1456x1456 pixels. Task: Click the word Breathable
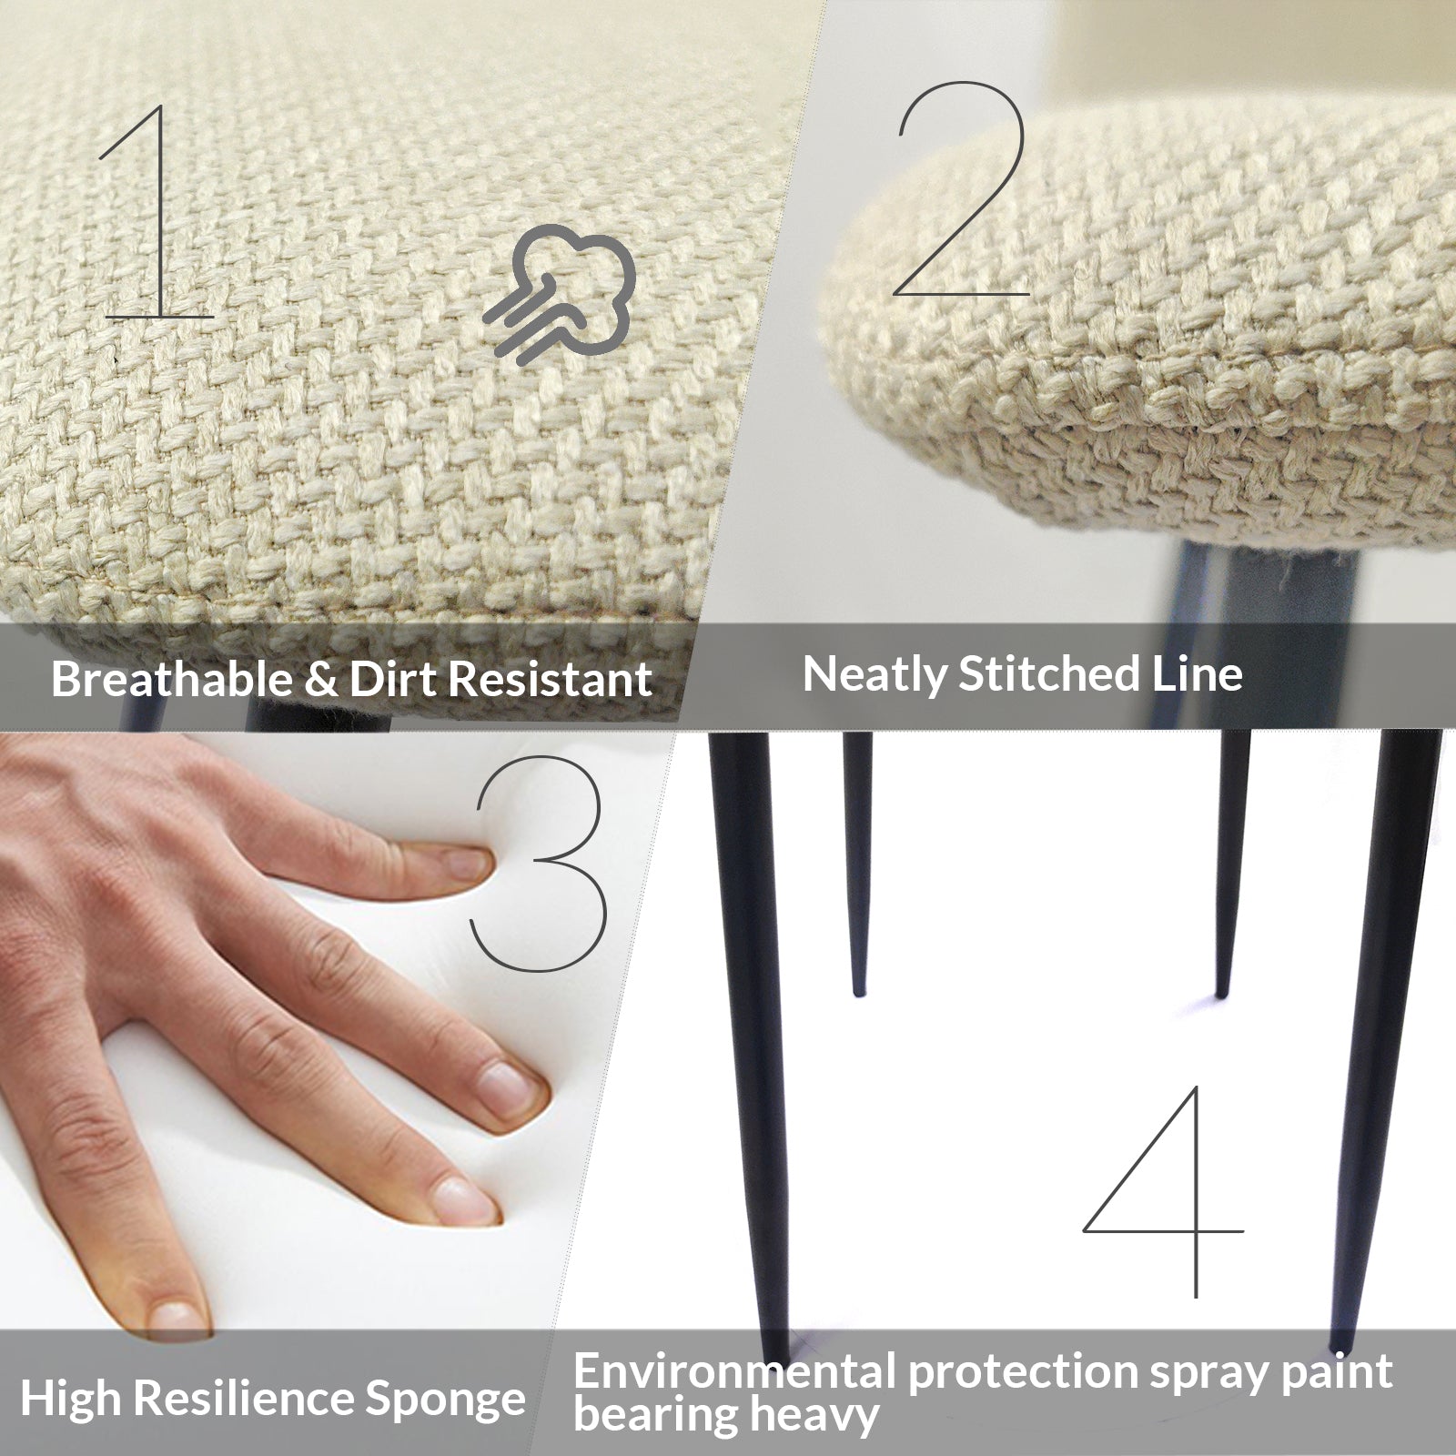point(172,679)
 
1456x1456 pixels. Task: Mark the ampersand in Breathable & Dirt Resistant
point(321,680)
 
